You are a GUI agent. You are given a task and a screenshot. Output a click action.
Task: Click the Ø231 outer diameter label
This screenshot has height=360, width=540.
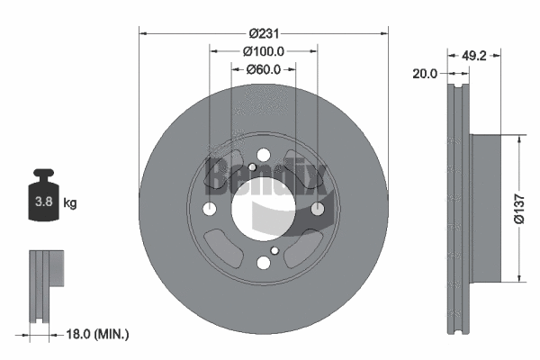[x=263, y=33]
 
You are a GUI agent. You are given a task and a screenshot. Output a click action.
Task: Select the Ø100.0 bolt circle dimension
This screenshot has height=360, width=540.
[x=264, y=51]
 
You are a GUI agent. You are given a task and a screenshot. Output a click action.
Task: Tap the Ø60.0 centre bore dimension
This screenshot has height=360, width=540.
[x=264, y=69]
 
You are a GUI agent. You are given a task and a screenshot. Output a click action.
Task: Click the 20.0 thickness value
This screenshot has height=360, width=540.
[x=425, y=75]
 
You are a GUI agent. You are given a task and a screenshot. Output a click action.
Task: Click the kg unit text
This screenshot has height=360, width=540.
[x=70, y=202]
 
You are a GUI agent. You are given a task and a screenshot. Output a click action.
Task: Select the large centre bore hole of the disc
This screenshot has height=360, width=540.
[x=263, y=210]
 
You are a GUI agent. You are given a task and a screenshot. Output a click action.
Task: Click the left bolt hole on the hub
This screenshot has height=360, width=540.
[x=210, y=210]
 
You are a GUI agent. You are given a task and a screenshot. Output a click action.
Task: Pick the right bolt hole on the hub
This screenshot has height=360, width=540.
[x=317, y=210]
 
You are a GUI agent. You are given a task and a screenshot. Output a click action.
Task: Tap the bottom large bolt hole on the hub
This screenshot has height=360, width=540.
[x=263, y=262]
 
